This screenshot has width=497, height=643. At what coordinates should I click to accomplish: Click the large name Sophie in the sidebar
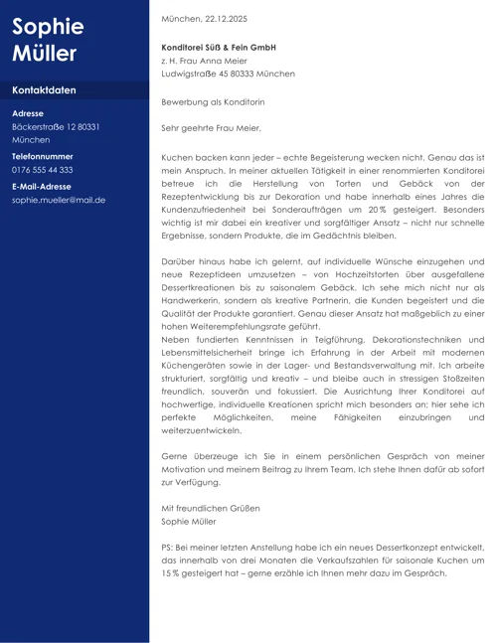click(x=48, y=27)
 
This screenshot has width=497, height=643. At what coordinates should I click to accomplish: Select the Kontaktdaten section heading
click(x=44, y=90)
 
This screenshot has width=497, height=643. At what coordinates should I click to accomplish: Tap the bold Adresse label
click(x=27, y=113)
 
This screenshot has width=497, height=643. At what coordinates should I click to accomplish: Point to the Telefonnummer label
click(x=42, y=157)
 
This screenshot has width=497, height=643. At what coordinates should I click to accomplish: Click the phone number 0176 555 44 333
click(x=42, y=170)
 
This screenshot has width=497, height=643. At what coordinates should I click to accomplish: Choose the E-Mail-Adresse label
click(x=41, y=186)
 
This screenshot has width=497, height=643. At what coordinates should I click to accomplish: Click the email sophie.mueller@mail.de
click(x=59, y=200)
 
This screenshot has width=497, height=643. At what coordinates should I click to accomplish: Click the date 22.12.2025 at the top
click(x=226, y=19)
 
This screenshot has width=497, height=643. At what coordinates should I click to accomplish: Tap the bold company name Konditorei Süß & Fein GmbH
click(x=219, y=47)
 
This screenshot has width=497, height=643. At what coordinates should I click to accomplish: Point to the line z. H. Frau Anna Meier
click(x=204, y=61)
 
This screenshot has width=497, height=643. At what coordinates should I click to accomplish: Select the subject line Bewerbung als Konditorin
click(x=213, y=101)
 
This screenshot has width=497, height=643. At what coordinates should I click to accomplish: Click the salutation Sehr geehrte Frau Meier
click(x=211, y=128)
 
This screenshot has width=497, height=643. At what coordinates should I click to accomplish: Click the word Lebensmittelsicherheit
click(x=212, y=353)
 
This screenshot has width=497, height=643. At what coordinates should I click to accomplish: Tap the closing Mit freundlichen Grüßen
click(x=210, y=508)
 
